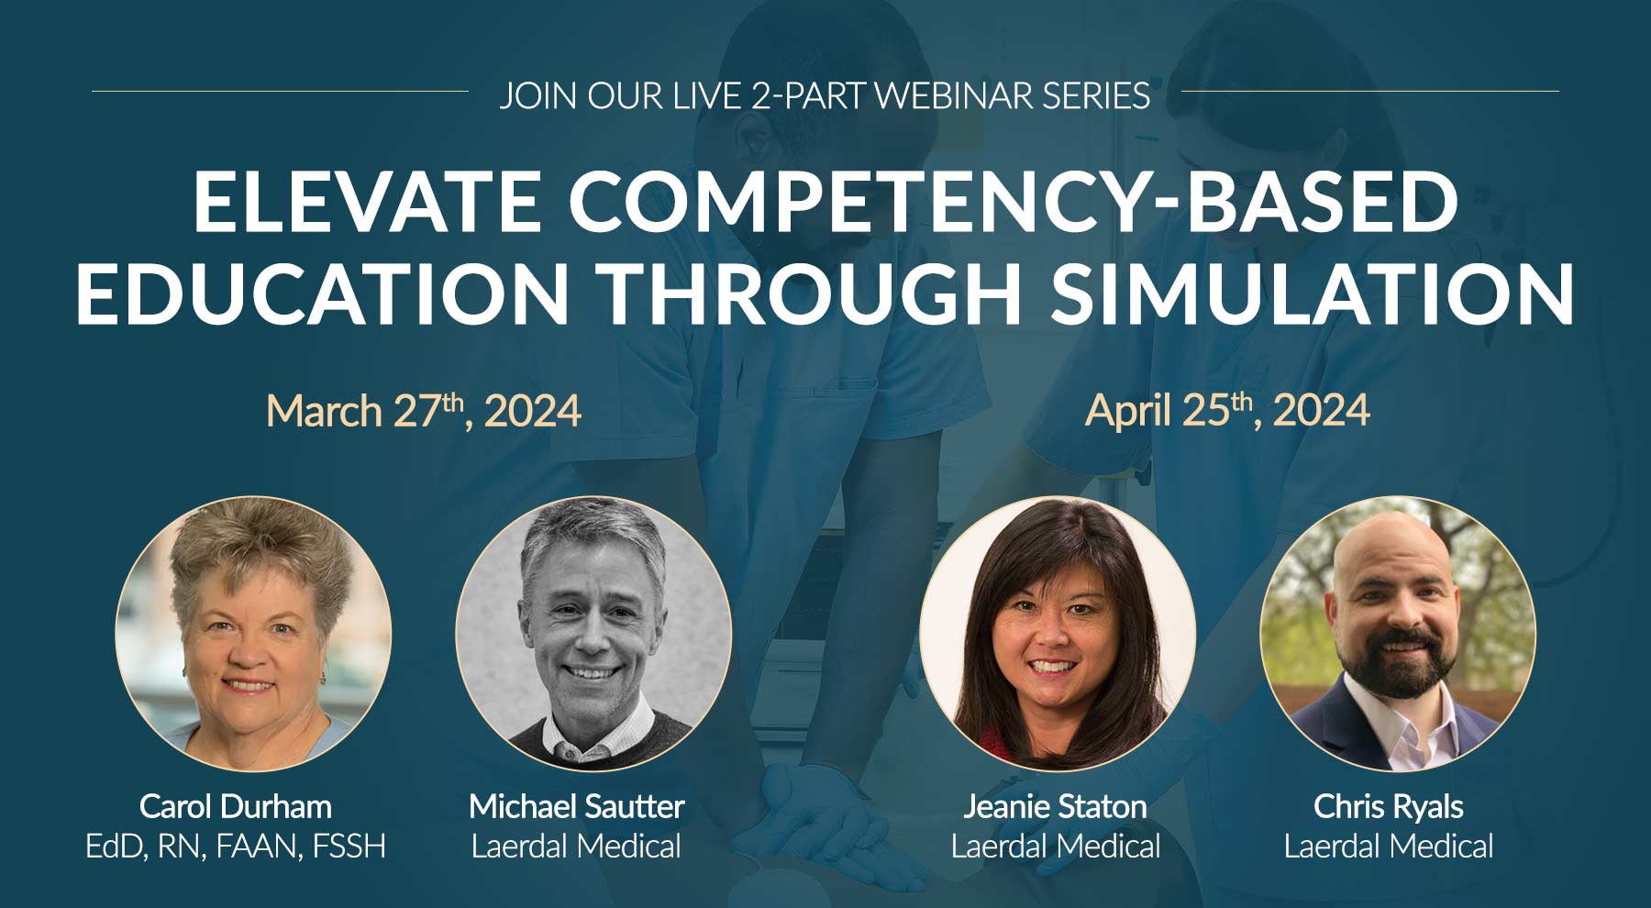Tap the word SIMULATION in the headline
[x=1313, y=293]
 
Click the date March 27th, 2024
[x=424, y=410]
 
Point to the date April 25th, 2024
[x=1227, y=410]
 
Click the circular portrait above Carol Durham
[x=254, y=634]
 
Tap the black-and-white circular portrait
[x=593, y=634]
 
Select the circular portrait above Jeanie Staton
[x=1058, y=634]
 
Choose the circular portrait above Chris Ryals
[x=1398, y=634]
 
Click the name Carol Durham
[x=236, y=806]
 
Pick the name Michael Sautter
[x=576, y=806]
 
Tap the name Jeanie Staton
[x=1056, y=806]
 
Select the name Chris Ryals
[x=1389, y=807]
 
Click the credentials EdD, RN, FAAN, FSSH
[x=236, y=846]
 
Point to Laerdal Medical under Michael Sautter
[x=576, y=846]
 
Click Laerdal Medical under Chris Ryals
[x=1389, y=846]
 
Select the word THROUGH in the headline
[x=811, y=293]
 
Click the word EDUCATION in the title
[x=323, y=293]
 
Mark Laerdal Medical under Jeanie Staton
[x=1056, y=846]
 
